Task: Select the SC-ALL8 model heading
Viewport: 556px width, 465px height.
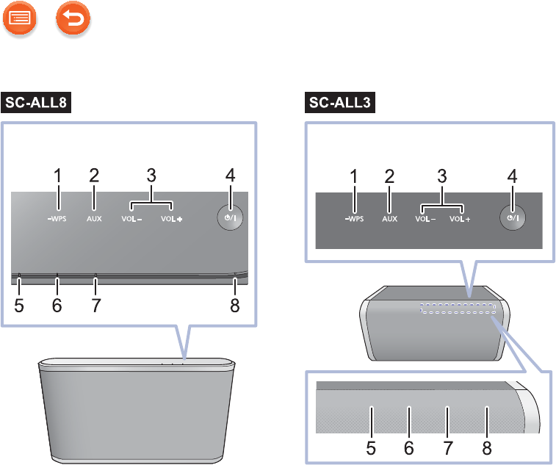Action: click(37, 103)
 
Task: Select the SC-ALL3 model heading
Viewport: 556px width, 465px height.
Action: click(339, 103)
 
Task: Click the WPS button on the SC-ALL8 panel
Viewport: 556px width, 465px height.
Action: click(56, 218)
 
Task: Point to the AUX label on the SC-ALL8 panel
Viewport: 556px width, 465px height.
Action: click(93, 218)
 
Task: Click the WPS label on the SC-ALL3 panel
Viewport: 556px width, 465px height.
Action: click(354, 219)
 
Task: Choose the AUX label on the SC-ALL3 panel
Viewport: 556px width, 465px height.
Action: click(389, 219)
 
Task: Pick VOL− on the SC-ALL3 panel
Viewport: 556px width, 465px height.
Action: click(425, 219)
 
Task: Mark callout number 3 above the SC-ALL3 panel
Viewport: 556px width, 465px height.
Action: click(443, 176)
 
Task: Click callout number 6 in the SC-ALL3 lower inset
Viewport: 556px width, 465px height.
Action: click(409, 445)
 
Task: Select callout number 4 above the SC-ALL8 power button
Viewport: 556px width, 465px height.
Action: click(230, 176)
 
